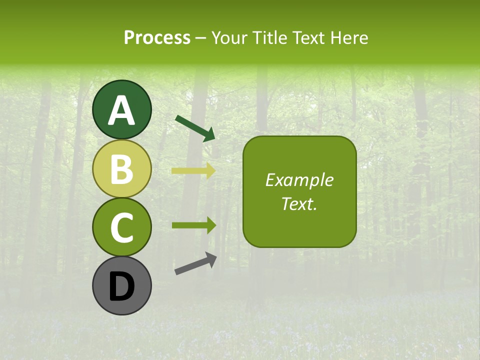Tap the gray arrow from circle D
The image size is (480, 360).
click(x=195, y=264)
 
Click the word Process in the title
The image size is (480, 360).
click(x=157, y=37)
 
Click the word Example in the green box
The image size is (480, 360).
click(x=299, y=180)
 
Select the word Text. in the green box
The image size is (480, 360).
click(x=299, y=203)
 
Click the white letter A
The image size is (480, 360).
click(x=121, y=110)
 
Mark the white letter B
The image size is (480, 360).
click(x=121, y=169)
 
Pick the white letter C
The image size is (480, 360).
click(x=121, y=228)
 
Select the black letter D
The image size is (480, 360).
click(x=121, y=287)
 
